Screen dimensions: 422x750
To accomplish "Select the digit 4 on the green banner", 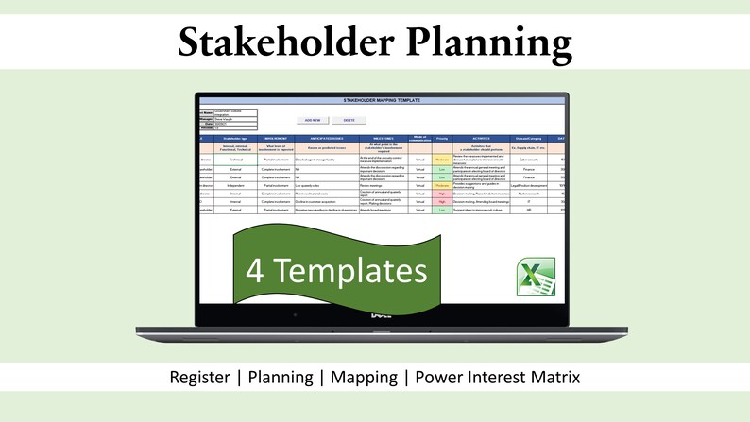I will coord(255,271).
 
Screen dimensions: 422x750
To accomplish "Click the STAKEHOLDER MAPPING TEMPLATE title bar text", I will coord(382,99).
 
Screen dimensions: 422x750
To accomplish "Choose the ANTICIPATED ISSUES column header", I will coord(327,138).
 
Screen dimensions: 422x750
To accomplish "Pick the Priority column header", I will coord(441,138).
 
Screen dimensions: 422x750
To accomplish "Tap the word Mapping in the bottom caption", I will coord(356,377).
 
